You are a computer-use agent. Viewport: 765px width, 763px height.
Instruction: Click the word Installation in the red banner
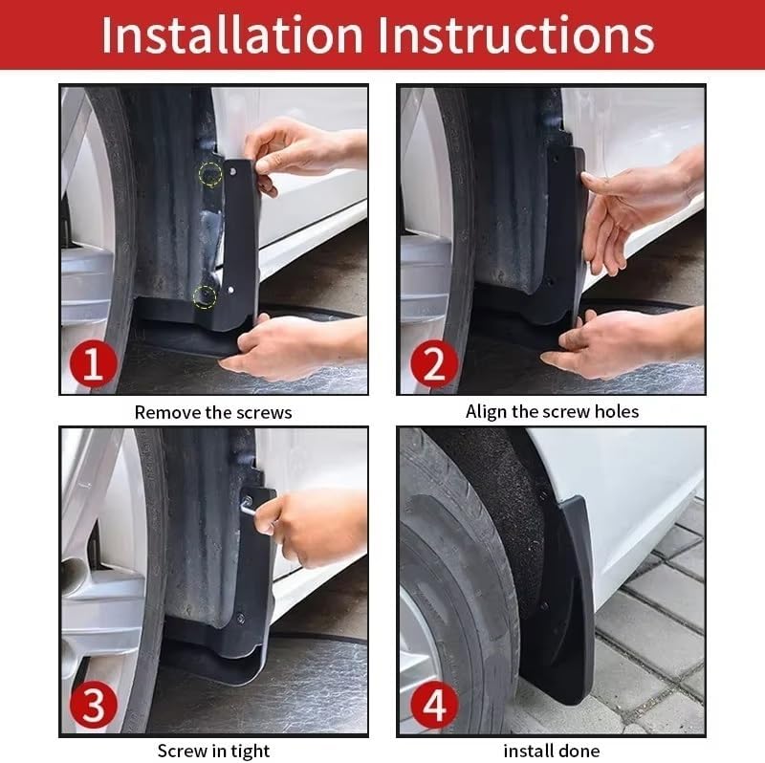click(x=232, y=34)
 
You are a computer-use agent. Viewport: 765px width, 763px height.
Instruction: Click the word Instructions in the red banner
click(x=516, y=34)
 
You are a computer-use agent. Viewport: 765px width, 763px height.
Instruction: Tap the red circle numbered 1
click(x=93, y=364)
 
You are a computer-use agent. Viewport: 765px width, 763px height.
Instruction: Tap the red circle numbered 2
click(x=434, y=364)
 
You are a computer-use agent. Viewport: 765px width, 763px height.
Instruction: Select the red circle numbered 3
click(x=93, y=705)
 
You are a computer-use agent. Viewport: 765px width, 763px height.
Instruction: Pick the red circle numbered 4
click(x=434, y=705)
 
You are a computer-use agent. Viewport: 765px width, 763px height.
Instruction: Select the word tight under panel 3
click(x=251, y=752)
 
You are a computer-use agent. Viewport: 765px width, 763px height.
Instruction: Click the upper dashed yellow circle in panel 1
click(x=210, y=174)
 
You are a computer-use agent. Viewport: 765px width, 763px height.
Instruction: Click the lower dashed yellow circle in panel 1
click(x=205, y=297)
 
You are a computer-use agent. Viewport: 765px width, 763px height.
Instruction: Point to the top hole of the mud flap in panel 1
click(x=232, y=172)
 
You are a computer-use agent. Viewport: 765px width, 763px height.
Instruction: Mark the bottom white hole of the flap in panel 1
click(x=230, y=291)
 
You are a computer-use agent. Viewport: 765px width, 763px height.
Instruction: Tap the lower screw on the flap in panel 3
click(x=240, y=618)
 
